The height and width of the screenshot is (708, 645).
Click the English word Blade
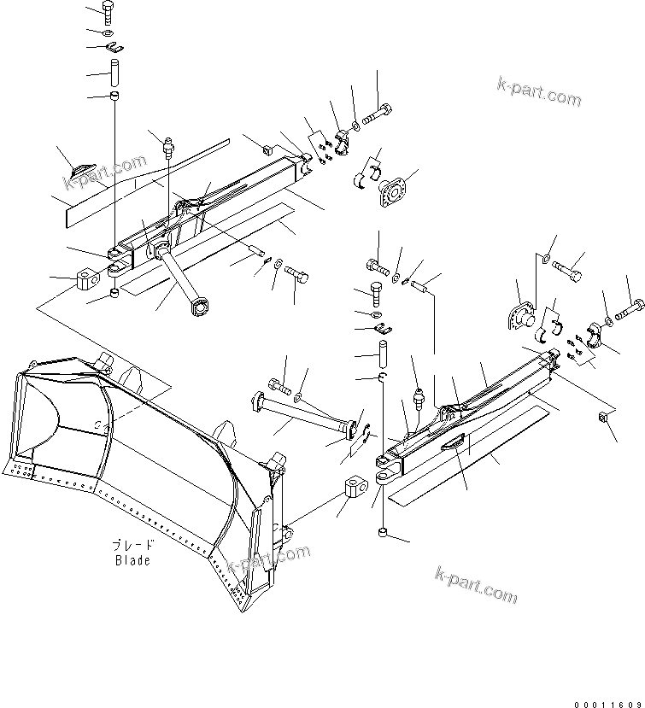(x=132, y=560)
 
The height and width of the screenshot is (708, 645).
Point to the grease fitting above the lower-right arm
(x=419, y=398)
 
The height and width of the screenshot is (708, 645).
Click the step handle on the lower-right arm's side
(x=454, y=438)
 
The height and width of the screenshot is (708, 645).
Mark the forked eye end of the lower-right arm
(x=386, y=470)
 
